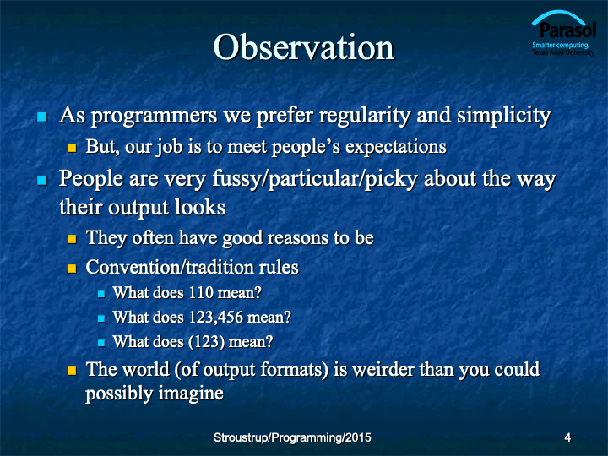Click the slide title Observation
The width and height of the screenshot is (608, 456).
[304, 47]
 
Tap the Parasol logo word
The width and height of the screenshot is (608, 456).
[567, 30]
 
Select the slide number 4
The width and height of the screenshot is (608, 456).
[567, 437]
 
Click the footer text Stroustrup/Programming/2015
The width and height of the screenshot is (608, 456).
[292, 437]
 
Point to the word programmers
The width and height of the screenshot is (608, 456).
[154, 117]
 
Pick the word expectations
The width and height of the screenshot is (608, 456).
[396, 147]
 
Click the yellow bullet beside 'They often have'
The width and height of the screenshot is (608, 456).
[72, 238]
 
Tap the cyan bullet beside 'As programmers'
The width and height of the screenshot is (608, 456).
[42, 117]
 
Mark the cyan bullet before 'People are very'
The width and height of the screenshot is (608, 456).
[42, 180]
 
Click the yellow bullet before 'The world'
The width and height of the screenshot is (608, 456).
[72, 371]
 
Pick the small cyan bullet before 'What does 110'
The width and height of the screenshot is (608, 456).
[101, 294]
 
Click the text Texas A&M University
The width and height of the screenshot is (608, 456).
[563, 52]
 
